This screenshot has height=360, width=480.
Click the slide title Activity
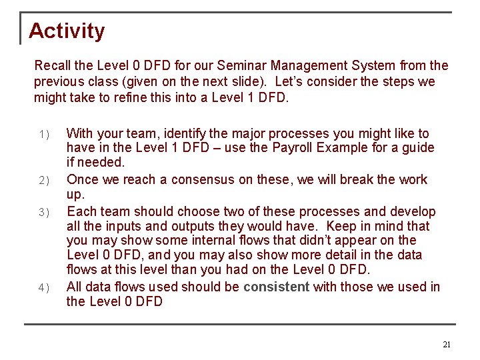coord(67,31)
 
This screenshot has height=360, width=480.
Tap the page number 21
coord(447,345)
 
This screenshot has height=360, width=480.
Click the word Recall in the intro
coord(52,66)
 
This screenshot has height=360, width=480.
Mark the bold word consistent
coord(276,287)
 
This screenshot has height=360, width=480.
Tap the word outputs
coord(194,227)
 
